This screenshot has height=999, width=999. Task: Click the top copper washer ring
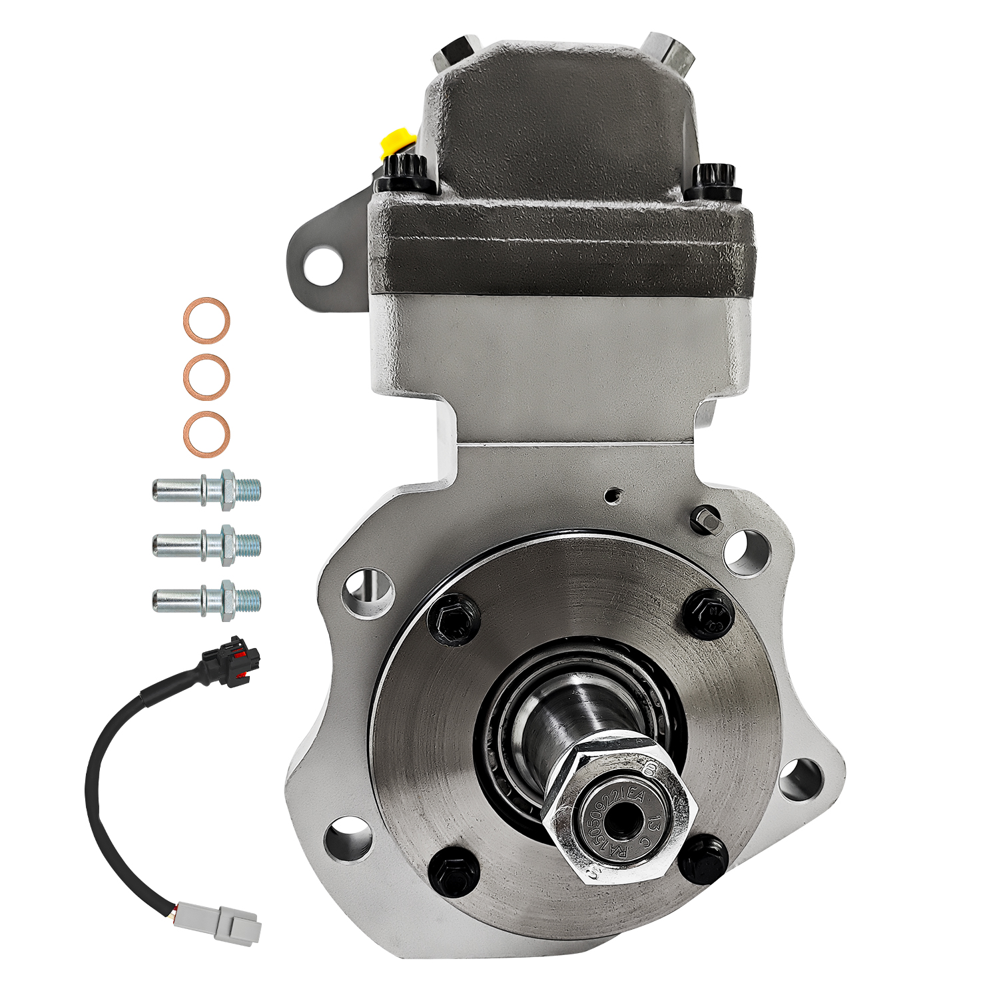[207, 320]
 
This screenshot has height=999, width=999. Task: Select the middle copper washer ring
[207, 377]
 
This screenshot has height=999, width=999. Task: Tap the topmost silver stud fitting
[206, 491]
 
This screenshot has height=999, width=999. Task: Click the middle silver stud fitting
[206, 545]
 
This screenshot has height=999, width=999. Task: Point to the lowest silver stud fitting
[206, 600]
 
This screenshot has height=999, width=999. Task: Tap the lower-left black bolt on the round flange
[456, 870]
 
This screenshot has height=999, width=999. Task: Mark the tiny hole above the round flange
[612, 495]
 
